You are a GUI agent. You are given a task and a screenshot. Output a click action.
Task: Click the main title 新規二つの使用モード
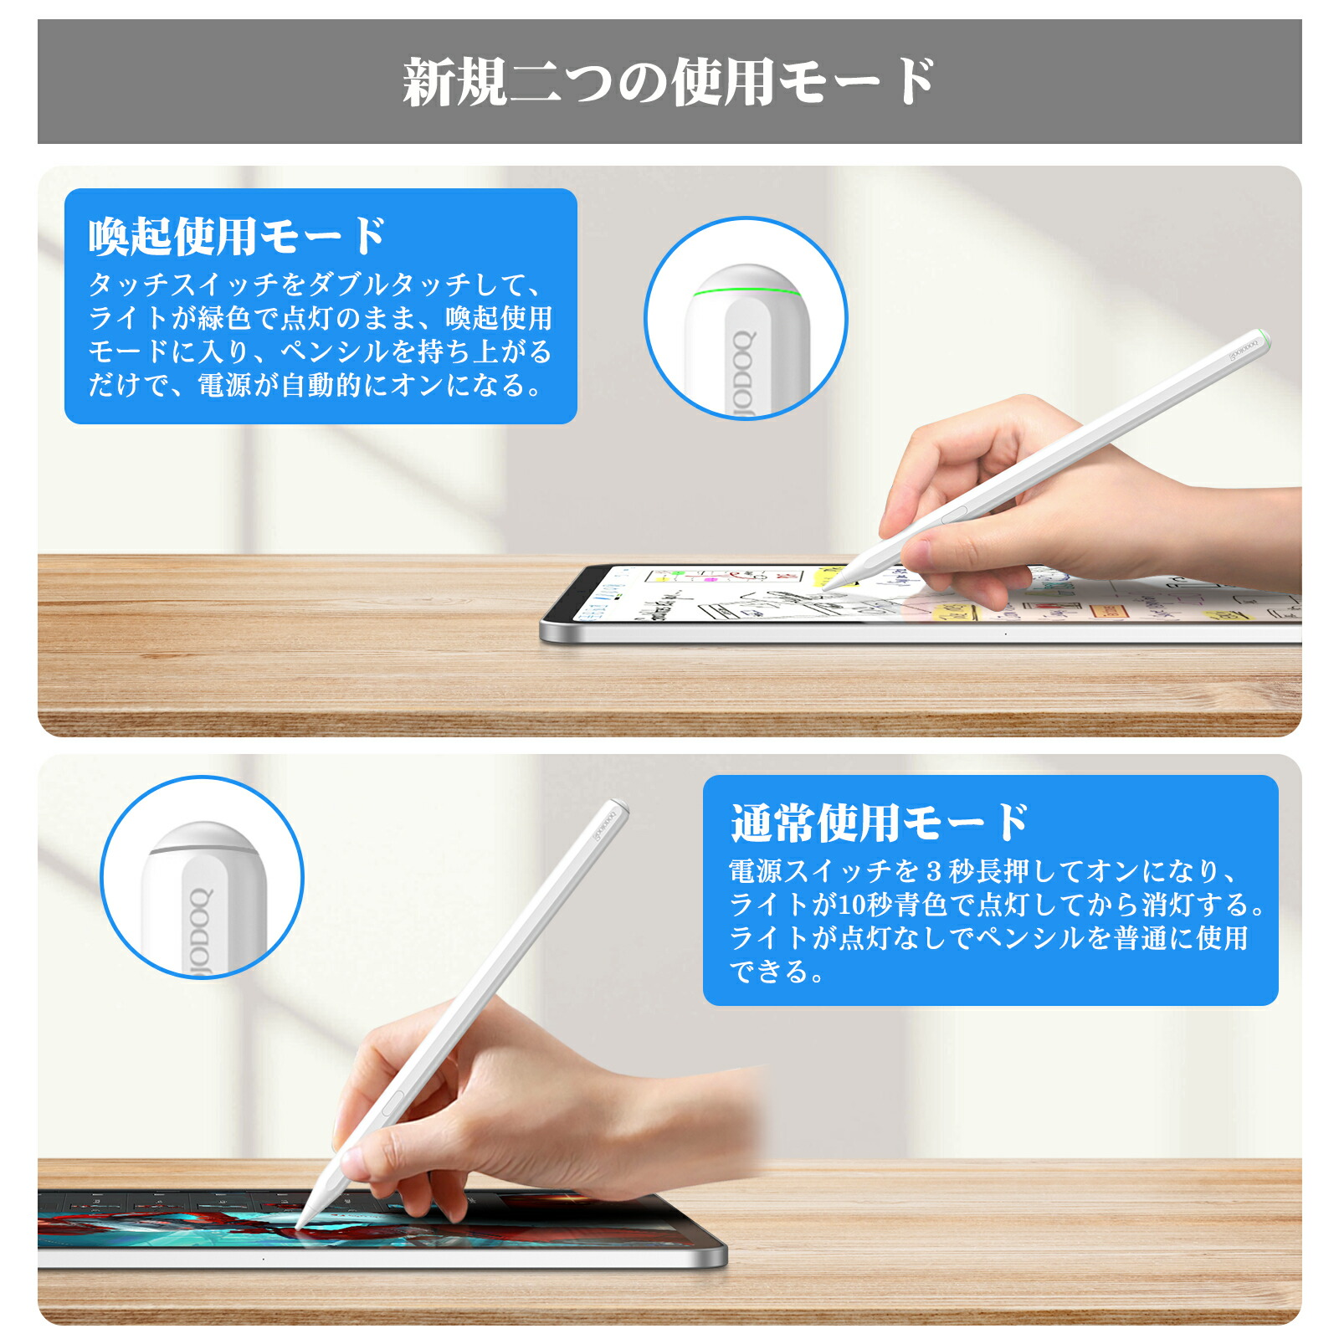click(x=669, y=82)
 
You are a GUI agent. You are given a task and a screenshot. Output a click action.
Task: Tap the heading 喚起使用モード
click(x=237, y=236)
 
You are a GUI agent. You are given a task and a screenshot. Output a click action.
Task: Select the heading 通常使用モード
click(x=880, y=823)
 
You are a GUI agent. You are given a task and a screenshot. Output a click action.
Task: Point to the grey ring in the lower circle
click(x=203, y=849)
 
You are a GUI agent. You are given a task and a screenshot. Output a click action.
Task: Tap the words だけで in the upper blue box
click(x=129, y=385)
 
